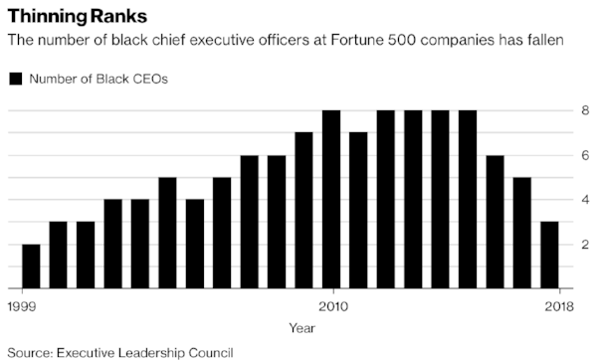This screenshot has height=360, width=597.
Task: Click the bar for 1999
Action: pyautogui.click(x=31, y=267)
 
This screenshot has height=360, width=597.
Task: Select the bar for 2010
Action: pyautogui.click(x=331, y=200)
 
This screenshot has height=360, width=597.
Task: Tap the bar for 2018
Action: pyautogui.click(x=549, y=255)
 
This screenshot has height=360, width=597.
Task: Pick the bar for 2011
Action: pyautogui.click(x=358, y=211)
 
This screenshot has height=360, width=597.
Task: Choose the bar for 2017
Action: pyautogui.click(x=522, y=233)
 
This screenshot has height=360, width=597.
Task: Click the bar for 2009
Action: pyautogui.click(x=303, y=211)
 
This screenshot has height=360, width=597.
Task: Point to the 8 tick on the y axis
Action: pyautogui.click(x=585, y=110)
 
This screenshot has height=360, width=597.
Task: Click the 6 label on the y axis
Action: pyautogui.click(x=585, y=155)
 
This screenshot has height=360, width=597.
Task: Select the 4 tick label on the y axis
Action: pyautogui.click(x=585, y=200)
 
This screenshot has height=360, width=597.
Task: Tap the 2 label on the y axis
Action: pyautogui.click(x=585, y=245)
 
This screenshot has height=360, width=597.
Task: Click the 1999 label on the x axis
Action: pyautogui.click(x=22, y=306)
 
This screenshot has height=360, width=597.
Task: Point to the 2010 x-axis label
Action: pyautogui.click(x=333, y=306)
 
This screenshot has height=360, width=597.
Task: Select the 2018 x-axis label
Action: pyautogui.click(x=559, y=306)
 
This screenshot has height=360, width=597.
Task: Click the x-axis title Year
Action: pyautogui.click(x=301, y=328)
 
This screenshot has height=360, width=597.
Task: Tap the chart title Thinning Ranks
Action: pyautogui.click(x=78, y=16)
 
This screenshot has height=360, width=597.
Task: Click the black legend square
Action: pyautogui.click(x=16, y=79)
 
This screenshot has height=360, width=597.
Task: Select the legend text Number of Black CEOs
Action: pyautogui.click(x=99, y=79)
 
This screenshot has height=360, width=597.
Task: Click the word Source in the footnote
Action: pyautogui.click(x=30, y=353)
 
